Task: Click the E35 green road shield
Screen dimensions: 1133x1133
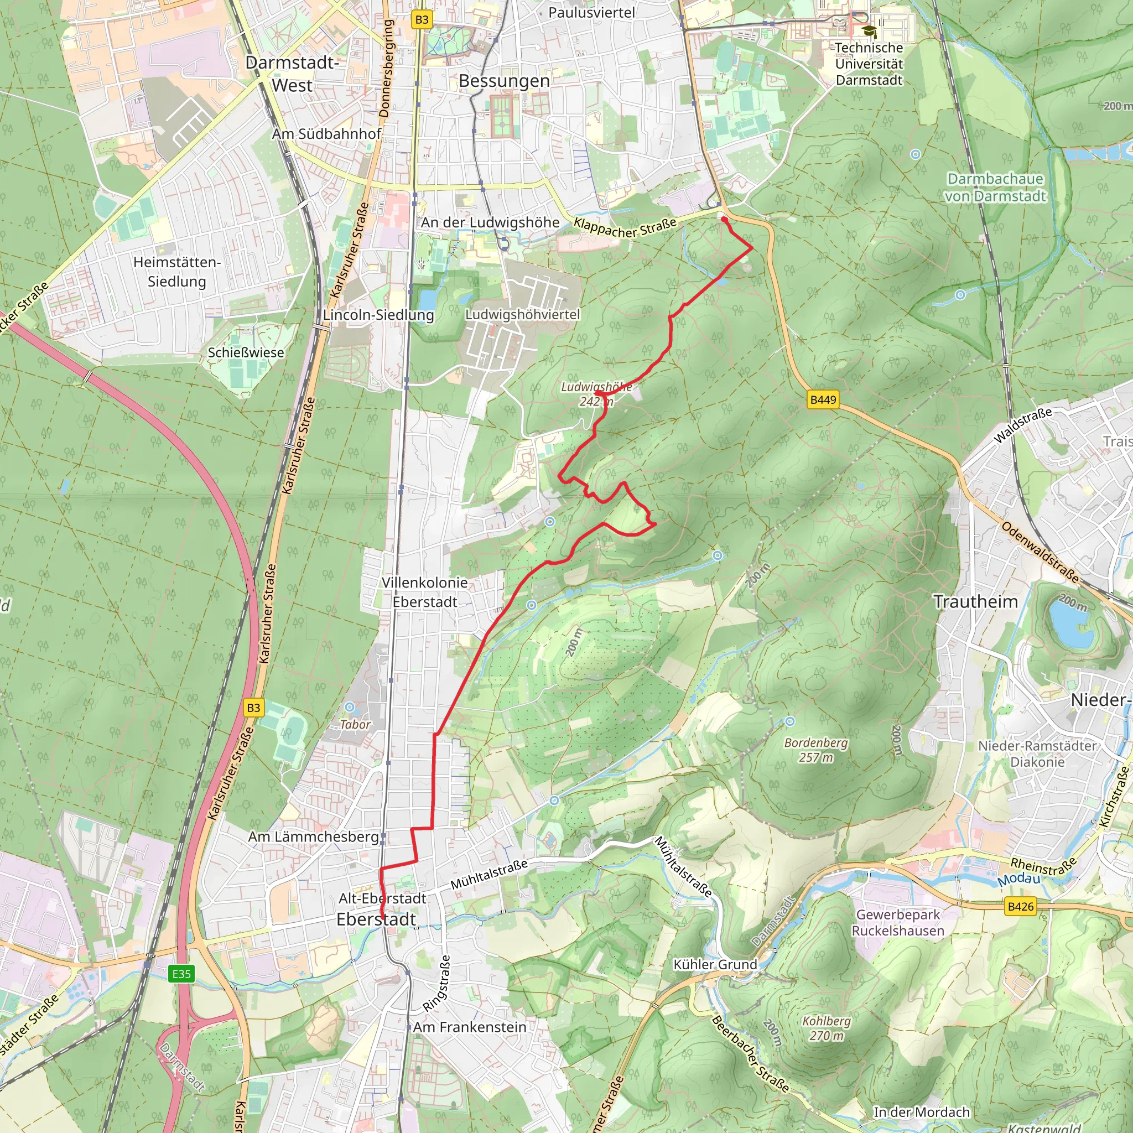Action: (x=181, y=974)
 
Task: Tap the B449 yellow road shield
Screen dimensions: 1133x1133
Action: (x=823, y=400)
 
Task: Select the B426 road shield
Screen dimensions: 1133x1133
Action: (x=1020, y=907)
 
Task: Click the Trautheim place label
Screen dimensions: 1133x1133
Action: (x=975, y=602)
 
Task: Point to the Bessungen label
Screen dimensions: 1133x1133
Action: (x=505, y=81)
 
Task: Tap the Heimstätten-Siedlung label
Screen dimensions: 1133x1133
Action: (x=176, y=272)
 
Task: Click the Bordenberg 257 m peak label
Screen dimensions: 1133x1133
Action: (x=816, y=750)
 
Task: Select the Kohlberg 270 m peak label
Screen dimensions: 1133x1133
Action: (x=827, y=1028)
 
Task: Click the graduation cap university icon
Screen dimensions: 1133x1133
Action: (x=869, y=30)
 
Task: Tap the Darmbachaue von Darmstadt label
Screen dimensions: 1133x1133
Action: (x=995, y=187)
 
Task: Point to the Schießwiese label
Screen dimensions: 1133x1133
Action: (x=246, y=352)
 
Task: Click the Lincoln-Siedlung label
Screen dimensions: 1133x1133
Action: (x=378, y=315)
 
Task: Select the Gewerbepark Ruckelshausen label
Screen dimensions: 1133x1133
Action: (x=898, y=922)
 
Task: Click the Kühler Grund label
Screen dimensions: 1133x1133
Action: (x=715, y=965)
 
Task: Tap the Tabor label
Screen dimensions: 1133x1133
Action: (x=355, y=724)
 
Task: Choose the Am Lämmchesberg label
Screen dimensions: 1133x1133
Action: (x=313, y=837)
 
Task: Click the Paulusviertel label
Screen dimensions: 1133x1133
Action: (x=591, y=12)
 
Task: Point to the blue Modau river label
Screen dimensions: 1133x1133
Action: (x=1018, y=879)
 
